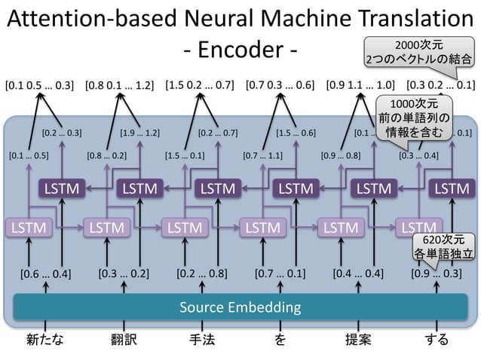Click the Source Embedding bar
click(240, 307)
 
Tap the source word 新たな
click(44, 340)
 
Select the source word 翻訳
click(124, 340)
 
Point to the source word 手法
click(201, 340)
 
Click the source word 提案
click(358, 340)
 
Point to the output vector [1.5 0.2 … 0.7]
click(198, 84)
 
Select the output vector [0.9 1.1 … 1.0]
click(360, 84)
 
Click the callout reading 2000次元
click(419, 50)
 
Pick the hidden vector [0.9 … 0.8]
click(341, 157)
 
